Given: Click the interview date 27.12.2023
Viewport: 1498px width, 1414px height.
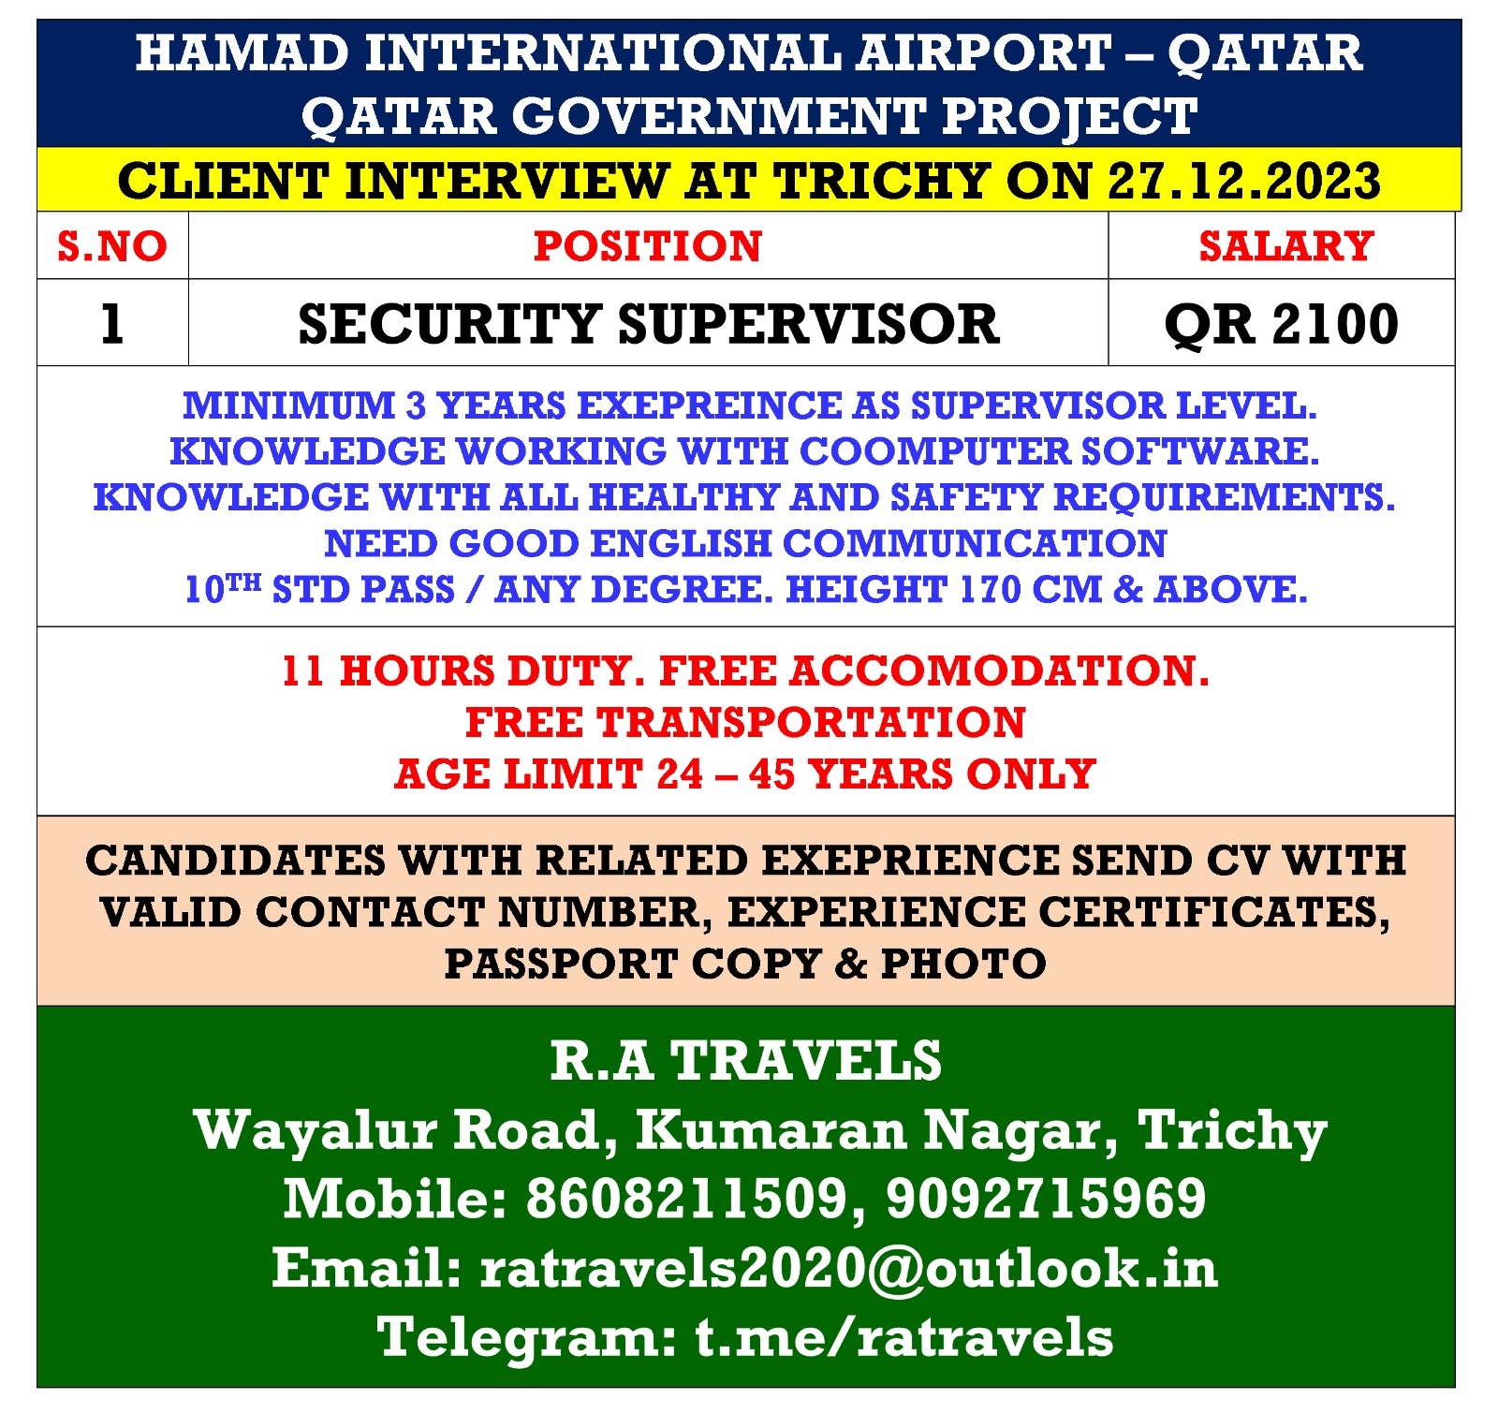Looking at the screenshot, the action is tap(1244, 181).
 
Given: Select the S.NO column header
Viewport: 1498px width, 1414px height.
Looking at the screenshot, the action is tap(112, 246).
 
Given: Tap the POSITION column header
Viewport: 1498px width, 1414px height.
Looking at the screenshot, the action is tap(648, 246).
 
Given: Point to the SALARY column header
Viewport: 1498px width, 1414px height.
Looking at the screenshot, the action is tap(1286, 246).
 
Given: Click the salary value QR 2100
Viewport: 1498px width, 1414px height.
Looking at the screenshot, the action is tap(1282, 324).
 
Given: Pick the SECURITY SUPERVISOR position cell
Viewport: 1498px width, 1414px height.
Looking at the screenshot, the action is tap(649, 324).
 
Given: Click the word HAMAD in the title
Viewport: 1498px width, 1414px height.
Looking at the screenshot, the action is tap(242, 52).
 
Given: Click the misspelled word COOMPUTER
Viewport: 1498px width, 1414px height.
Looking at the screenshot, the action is tap(933, 451).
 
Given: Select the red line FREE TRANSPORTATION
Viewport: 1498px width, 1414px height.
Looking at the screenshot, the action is tap(745, 723).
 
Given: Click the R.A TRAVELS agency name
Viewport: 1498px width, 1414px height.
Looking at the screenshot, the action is tap(746, 1061).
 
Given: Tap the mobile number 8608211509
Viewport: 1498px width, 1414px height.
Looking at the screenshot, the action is tap(688, 1199).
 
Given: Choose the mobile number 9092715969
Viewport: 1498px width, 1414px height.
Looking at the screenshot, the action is tap(1046, 1199).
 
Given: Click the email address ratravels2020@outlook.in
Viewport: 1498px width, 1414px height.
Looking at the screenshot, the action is tap(849, 1268).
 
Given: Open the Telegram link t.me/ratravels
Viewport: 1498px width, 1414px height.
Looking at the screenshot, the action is tap(904, 1337).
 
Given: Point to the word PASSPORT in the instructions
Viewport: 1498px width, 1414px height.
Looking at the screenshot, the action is tap(559, 964).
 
